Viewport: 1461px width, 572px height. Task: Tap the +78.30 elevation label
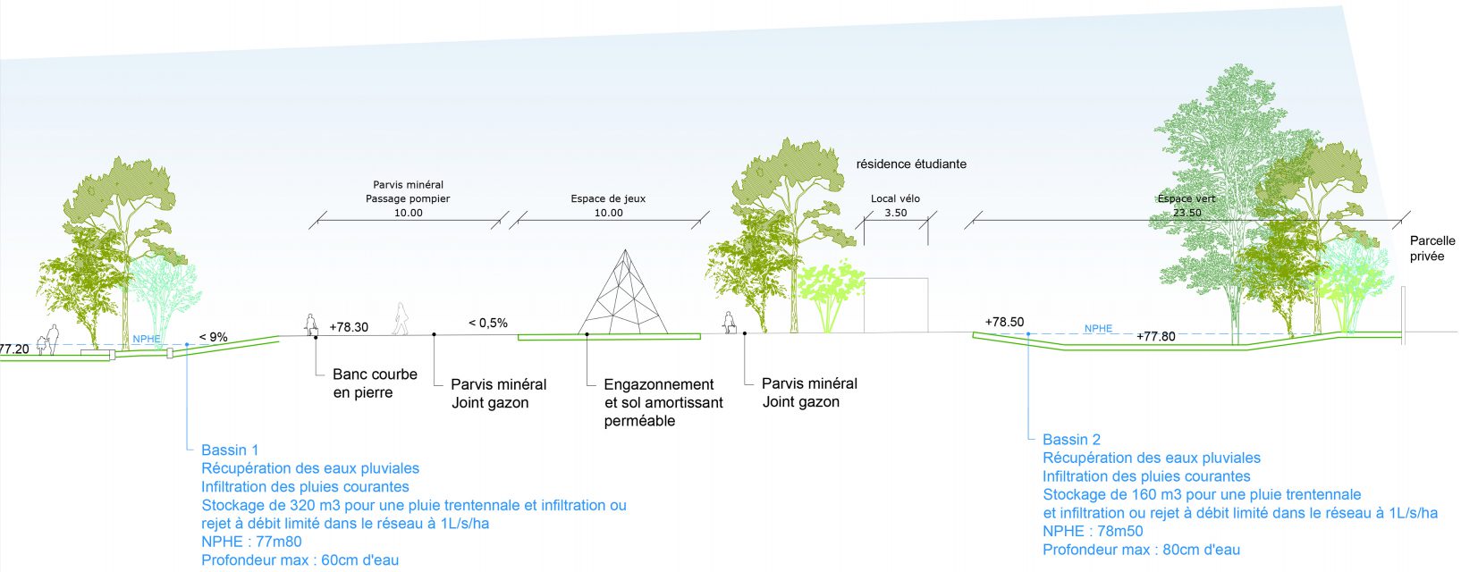coord(349,327)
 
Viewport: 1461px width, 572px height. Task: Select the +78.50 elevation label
coord(1004,323)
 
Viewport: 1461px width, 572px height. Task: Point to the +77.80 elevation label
coord(1156,337)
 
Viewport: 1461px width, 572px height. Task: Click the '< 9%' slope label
coord(214,337)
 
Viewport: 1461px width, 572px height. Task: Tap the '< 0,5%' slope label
coord(488,323)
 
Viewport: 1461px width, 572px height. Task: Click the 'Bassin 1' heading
coord(230,450)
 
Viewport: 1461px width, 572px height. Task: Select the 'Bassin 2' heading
coord(1072,440)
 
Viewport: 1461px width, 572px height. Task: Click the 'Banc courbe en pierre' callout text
coord(375,383)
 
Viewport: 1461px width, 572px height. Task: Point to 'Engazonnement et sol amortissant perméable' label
coord(663,402)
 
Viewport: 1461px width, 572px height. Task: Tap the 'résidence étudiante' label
coord(911,164)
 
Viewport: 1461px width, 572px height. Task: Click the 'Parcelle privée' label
coord(1432,248)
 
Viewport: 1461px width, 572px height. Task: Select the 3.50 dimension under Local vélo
coord(896,214)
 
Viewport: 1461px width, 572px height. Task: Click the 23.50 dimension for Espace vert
coord(1187,214)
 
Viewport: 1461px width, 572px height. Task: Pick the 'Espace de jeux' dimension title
coord(608,199)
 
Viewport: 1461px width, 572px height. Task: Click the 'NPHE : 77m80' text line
coord(251,542)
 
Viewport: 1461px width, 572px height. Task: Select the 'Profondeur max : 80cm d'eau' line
coord(1141,550)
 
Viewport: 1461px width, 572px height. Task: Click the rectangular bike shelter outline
coord(896,306)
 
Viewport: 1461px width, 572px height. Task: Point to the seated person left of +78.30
coord(312,324)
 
